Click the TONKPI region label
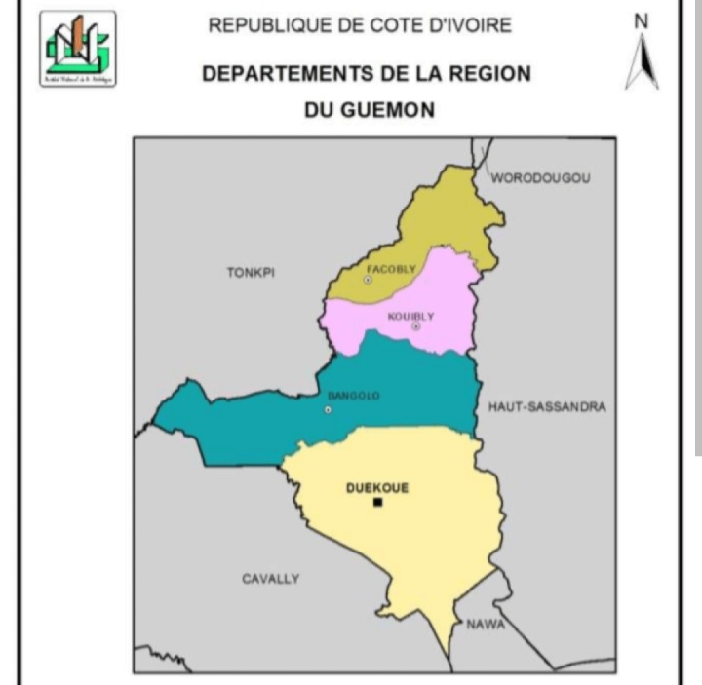pyautogui.click(x=251, y=273)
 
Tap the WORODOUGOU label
pyautogui.click(x=540, y=178)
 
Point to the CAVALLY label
pyautogui.click(x=270, y=579)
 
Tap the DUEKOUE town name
pyautogui.click(x=377, y=488)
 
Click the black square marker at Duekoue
pyautogui.click(x=377, y=503)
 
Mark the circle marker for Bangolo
pyautogui.click(x=328, y=409)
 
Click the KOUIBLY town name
pyautogui.click(x=410, y=316)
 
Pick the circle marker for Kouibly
pyautogui.click(x=415, y=326)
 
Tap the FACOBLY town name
pyautogui.click(x=390, y=268)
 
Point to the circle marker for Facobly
pyautogui.click(x=368, y=280)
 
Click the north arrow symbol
pyautogui.click(x=641, y=64)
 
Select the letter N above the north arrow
pyautogui.click(x=641, y=20)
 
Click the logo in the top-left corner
pyautogui.click(x=78, y=49)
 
